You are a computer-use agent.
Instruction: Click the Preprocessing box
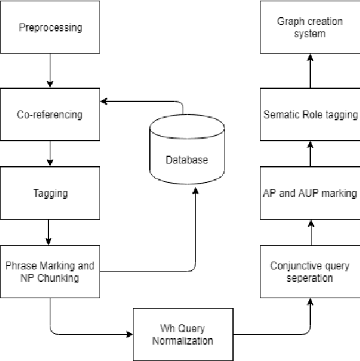tap(50, 28)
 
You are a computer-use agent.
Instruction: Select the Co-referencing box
tap(50, 114)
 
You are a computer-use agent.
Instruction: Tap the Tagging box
tap(50, 193)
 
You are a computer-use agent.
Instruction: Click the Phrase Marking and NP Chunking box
tap(50, 271)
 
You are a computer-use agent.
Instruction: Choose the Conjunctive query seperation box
tap(310, 271)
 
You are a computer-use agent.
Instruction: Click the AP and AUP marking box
tap(310, 193)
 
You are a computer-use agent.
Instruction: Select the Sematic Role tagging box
tap(310, 114)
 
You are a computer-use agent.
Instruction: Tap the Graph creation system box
tap(310, 28)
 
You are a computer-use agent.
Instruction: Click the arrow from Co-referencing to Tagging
tap(50, 153)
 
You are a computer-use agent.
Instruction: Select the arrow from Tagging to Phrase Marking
tap(50, 232)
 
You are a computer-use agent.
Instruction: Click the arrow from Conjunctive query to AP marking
tap(310, 232)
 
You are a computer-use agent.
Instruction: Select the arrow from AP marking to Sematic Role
tap(310, 153)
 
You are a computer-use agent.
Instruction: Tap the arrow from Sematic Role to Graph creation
tap(310, 71)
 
